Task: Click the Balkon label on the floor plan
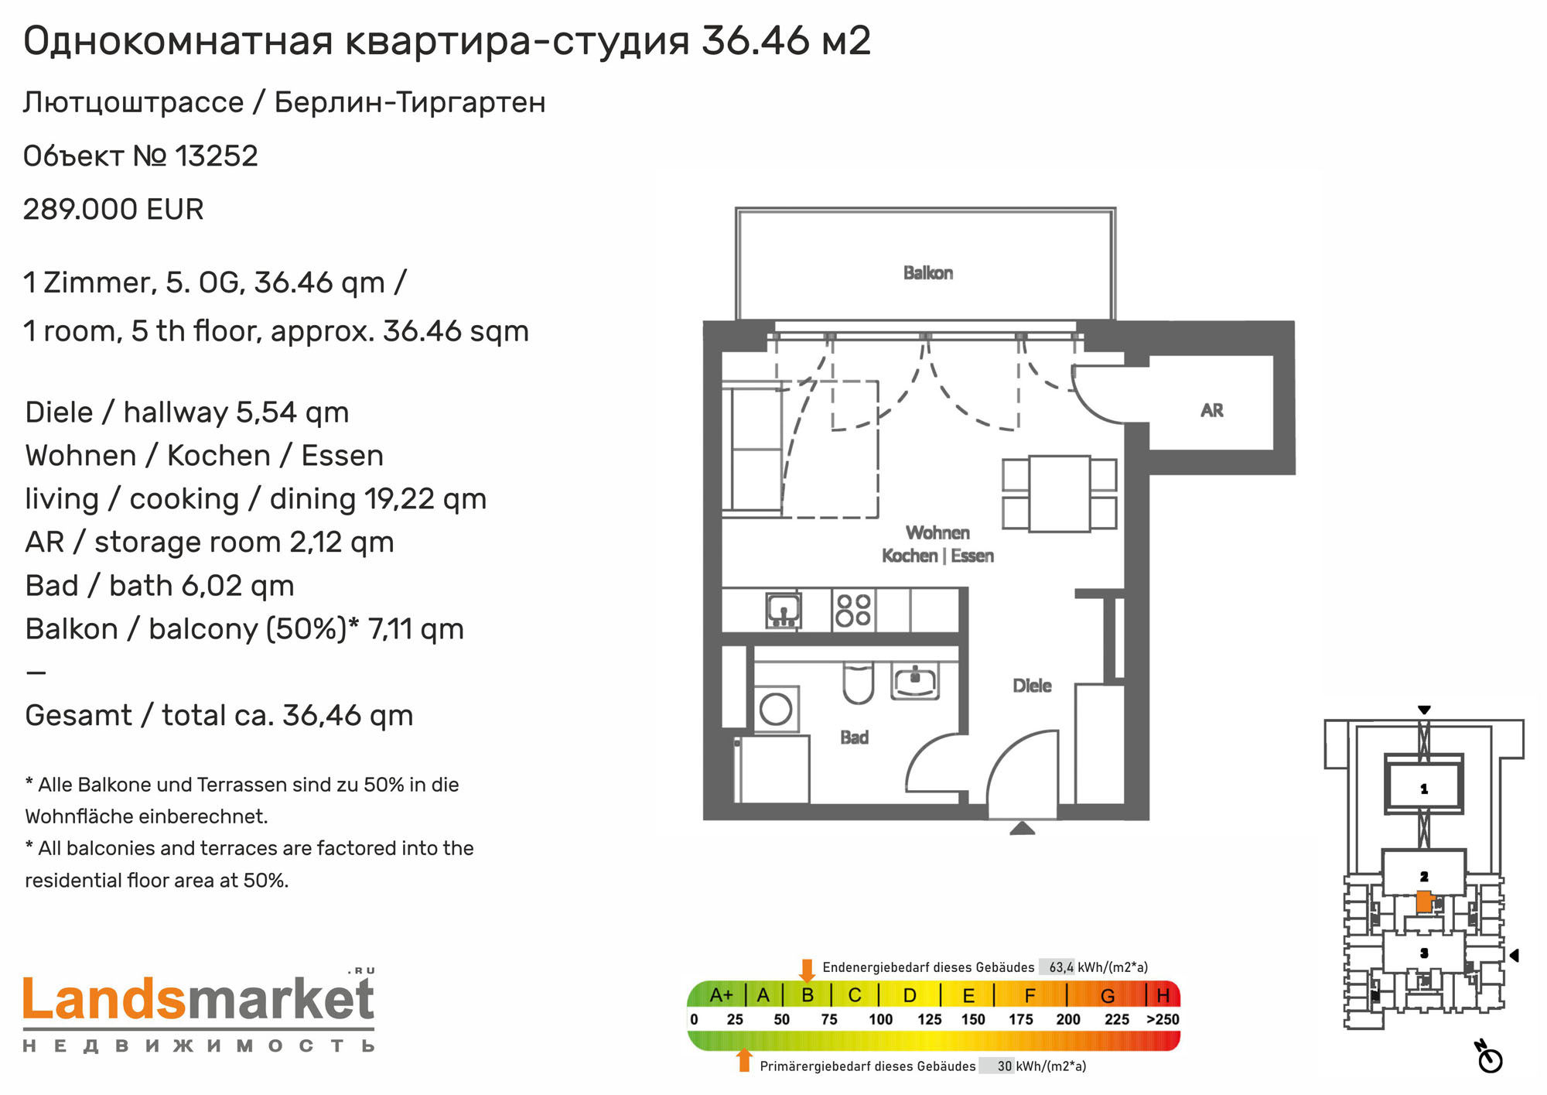click(928, 272)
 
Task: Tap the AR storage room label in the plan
click(1212, 410)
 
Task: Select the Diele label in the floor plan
click(1032, 685)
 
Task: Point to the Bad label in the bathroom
click(855, 737)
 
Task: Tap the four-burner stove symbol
click(853, 610)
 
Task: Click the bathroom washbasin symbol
click(915, 682)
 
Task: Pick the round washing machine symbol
click(776, 708)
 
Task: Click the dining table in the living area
click(1060, 494)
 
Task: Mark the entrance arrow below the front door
click(1023, 829)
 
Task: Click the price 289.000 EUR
click(113, 209)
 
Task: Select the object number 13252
click(217, 156)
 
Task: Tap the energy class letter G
click(1108, 995)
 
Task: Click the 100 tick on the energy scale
click(881, 1019)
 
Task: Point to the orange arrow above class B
click(807, 970)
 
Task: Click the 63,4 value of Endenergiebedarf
click(1061, 967)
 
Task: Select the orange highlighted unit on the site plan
click(1424, 902)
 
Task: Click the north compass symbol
click(1489, 1057)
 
